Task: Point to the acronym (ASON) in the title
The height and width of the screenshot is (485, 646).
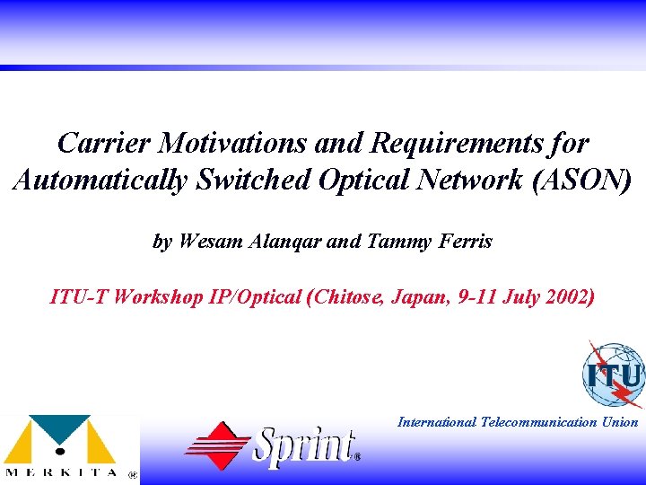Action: [x=581, y=180]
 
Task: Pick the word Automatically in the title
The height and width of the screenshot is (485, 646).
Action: [x=100, y=180]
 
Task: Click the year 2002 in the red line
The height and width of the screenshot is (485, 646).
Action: [x=565, y=296]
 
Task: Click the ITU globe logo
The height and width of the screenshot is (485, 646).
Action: [x=614, y=374]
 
